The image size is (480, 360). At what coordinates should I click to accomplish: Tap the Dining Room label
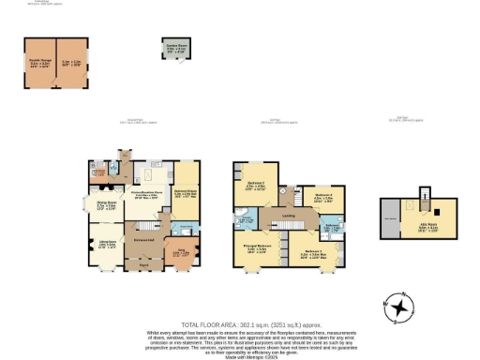[106, 202]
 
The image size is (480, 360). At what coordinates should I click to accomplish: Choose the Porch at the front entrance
[144, 265]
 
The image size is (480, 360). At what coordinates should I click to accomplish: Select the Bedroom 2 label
[256, 185]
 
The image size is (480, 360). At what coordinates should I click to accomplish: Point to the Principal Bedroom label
[258, 249]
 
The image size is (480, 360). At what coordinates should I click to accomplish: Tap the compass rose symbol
[400, 307]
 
